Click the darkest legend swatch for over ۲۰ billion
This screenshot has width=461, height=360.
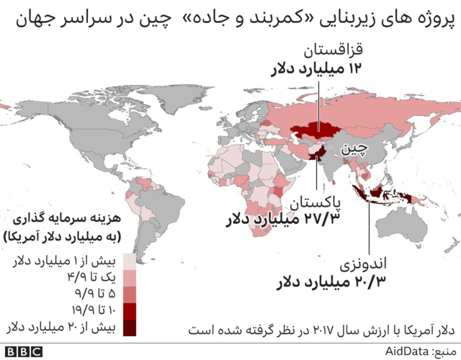pos(130,328)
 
